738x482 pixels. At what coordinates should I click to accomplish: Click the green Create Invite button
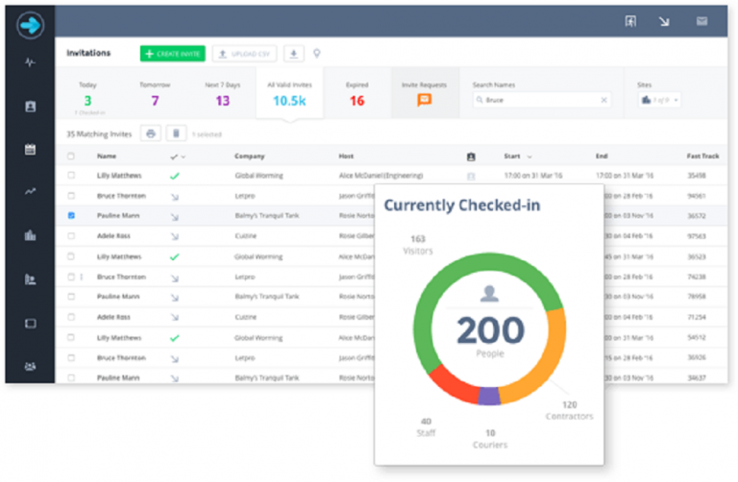tap(172, 54)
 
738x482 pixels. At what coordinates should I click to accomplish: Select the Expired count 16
tap(357, 101)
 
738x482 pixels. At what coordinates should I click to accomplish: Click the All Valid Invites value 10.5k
tap(288, 101)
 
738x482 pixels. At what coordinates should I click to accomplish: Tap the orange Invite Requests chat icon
tap(425, 100)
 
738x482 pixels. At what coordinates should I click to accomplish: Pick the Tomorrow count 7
tap(155, 101)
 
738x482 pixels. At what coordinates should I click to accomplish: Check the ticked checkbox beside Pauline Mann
tap(71, 216)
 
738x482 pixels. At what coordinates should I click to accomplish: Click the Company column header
tap(249, 156)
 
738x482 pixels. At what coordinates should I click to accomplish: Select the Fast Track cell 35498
tap(697, 176)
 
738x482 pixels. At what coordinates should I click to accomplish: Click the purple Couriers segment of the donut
tap(489, 396)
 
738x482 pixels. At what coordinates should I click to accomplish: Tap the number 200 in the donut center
tap(490, 330)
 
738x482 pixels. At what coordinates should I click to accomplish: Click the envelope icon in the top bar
tap(701, 20)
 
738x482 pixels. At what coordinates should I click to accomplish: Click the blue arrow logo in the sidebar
tap(30, 23)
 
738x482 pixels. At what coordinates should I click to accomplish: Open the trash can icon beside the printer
tap(176, 133)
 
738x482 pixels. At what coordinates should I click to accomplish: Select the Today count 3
tap(87, 101)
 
